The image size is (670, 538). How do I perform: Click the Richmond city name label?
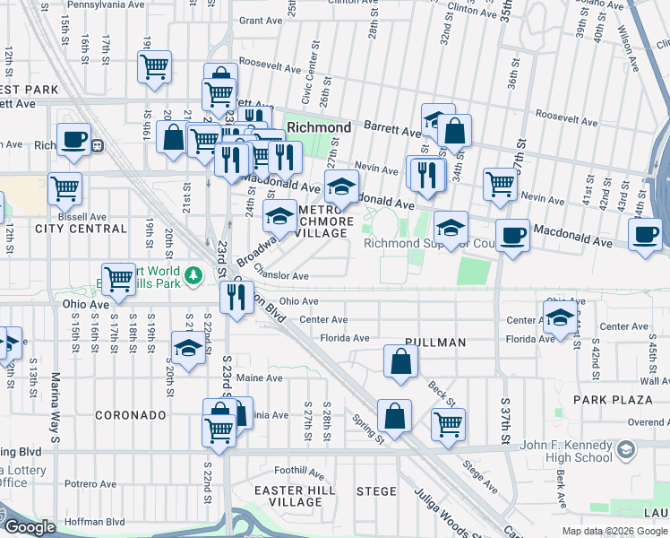click(x=318, y=127)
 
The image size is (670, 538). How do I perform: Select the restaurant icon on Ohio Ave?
click(x=236, y=298)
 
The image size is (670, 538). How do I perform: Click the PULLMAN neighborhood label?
click(x=435, y=343)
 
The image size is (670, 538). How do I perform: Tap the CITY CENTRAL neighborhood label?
click(x=81, y=229)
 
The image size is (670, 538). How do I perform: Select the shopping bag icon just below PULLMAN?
click(x=401, y=361)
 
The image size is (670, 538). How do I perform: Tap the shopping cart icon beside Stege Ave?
click(x=448, y=423)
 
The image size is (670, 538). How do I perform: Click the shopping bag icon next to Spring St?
click(x=394, y=415)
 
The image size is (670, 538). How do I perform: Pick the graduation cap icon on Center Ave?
click(x=560, y=318)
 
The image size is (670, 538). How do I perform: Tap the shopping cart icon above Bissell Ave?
click(x=64, y=188)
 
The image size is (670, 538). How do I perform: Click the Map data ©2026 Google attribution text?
click(x=614, y=531)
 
